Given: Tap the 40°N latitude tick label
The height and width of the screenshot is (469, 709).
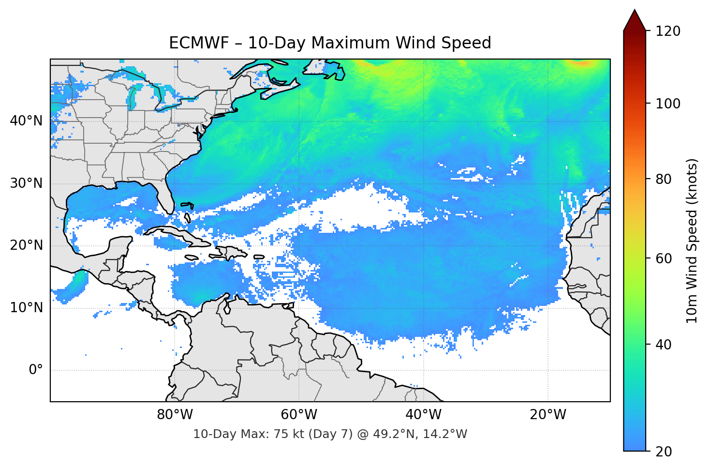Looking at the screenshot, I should [x=26, y=121].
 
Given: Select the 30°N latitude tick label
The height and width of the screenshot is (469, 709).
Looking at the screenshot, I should [x=26, y=183].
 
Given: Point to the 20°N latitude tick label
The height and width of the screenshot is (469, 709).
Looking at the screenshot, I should [x=26, y=245].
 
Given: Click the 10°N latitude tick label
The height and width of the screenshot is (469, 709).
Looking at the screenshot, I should [x=26, y=308].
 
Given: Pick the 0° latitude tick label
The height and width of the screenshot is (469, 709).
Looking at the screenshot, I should [x=36, y=370].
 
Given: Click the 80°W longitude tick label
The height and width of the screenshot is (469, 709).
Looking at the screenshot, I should [x=175, y=415].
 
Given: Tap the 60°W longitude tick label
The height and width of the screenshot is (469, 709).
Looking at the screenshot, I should [x=299, y=415].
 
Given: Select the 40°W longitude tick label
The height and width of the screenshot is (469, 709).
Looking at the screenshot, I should [x=423, y=415].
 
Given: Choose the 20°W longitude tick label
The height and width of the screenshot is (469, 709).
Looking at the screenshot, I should [x=547, y=415].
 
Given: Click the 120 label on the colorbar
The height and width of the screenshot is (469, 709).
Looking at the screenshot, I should [x=668, y=31].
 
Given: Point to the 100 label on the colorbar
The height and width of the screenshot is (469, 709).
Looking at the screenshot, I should [x=668, y=104].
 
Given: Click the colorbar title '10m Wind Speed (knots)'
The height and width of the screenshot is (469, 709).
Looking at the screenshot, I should [x=692, y=241].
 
